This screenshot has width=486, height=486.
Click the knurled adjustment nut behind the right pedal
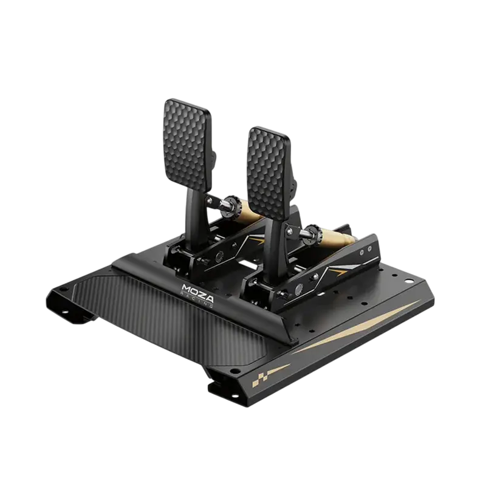(x=313, y=233)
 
